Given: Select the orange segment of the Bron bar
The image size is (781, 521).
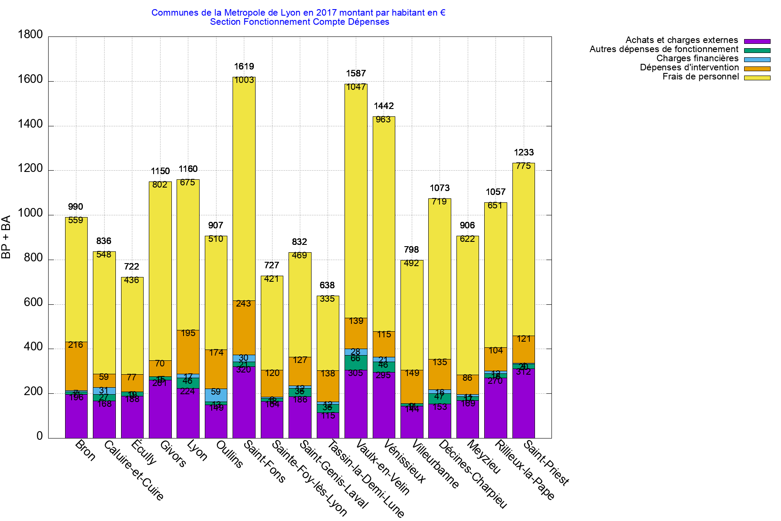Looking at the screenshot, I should click(76, 367).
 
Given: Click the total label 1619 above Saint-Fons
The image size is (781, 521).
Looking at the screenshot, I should click(244, 66).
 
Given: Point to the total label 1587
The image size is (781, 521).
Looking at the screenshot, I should click(356, 73).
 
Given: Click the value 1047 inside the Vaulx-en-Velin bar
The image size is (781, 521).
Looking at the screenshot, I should click(356, 87).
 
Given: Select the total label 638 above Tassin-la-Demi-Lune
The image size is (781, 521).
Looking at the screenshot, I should click(327, 285).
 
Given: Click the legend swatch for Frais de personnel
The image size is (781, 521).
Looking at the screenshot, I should click(757, 78).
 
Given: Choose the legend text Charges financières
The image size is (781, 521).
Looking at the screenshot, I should click(697, 58).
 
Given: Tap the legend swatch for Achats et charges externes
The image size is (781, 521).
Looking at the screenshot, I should click(757, 41).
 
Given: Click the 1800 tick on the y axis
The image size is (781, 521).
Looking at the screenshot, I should click(30, 34).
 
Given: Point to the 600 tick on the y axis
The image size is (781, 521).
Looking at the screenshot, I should click(33, 302).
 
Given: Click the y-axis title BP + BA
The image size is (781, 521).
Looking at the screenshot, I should click(7, 237).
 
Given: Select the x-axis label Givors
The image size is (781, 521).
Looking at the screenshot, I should click(173, 454).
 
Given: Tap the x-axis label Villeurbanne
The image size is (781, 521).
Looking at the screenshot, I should click(434, 464).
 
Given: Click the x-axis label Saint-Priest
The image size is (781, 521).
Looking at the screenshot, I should click(546, 463).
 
